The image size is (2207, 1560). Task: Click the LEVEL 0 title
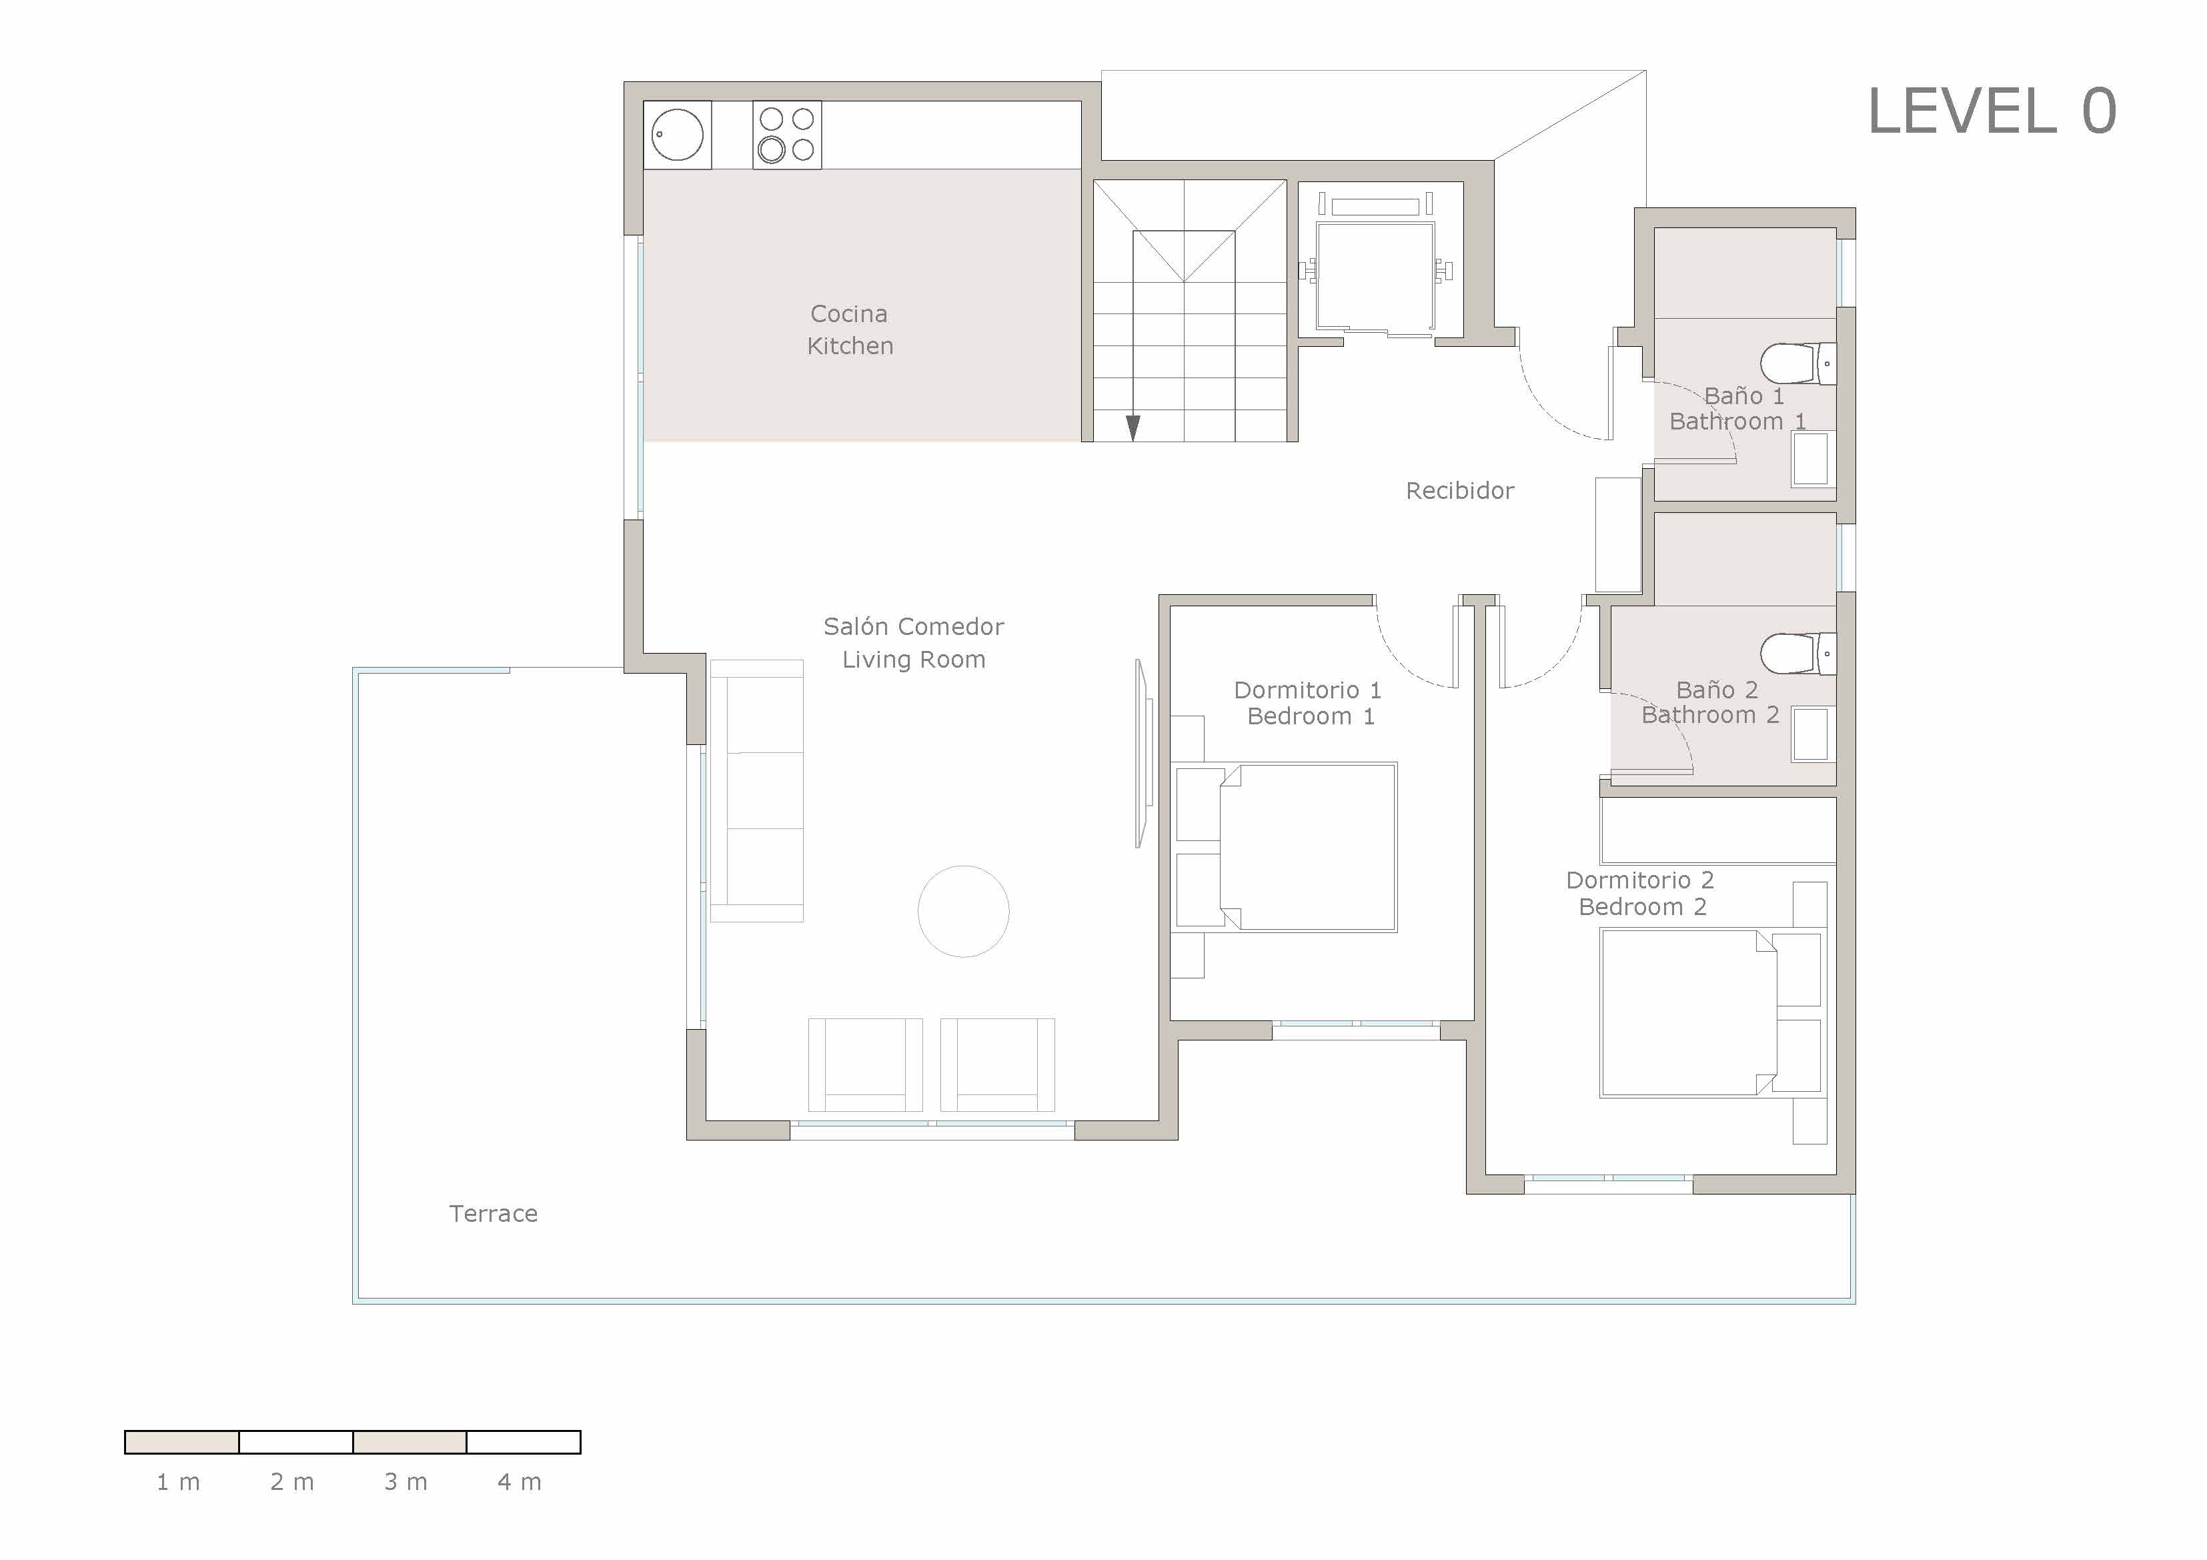point(1991,111)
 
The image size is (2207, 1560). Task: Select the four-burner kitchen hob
point(786,135)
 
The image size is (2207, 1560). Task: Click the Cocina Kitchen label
point(850,329)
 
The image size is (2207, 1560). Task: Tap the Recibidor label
point(1459,491)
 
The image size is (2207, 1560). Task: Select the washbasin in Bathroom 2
point(1811,734)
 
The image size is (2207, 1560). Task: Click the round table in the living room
point(963,911)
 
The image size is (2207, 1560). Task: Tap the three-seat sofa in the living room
point(758,790)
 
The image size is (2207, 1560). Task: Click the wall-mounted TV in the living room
point(1142,754)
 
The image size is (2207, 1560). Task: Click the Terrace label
point(493,1214)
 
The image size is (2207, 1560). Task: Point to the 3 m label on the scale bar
point(406,1482)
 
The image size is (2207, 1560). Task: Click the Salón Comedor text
point(913,627)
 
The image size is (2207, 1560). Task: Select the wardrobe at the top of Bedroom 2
point(1717,830)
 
